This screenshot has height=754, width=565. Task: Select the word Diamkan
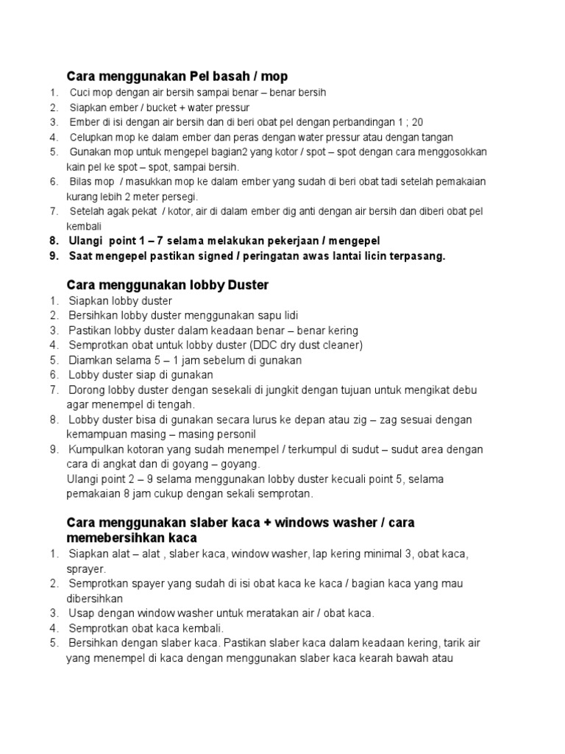(93, 360)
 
